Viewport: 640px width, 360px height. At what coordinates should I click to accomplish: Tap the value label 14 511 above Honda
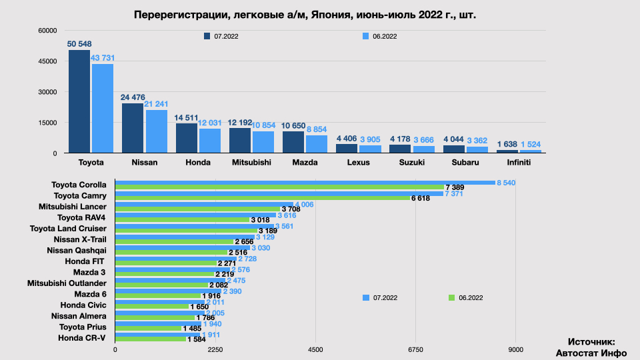point(187,118)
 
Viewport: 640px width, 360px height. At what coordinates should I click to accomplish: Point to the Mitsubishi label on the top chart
point(251,162)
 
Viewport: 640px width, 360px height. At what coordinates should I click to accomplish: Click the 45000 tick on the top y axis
point(48,61)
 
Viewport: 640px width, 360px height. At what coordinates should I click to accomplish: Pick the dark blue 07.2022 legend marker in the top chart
point(207,36)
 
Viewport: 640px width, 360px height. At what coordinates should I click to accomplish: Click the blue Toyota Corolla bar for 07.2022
point(305,183)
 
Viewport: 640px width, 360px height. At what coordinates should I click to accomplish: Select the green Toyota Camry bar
point(263,198)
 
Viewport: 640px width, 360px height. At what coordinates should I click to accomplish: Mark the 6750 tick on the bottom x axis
point(415,349)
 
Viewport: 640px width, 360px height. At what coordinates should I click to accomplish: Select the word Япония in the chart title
point(330,14)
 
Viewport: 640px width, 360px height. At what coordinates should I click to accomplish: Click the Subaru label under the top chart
point(465,162)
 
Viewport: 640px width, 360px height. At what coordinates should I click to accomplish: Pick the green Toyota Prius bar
point(148,329)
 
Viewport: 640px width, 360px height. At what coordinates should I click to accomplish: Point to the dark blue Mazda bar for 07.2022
point(293,142)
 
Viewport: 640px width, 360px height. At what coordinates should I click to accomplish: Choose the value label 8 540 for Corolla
point(506,183)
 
